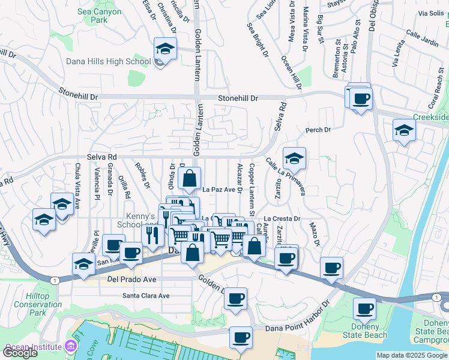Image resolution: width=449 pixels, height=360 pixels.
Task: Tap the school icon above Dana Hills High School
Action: pyautogui.click(x=165, y=48)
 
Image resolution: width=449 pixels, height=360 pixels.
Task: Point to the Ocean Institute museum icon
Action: pyautogui.click(x=71, y=347)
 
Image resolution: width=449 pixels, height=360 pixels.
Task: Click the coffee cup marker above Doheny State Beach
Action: pyautogui.click(x=364, y=308)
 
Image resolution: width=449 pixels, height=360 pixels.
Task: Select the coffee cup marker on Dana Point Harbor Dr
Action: pyautogui.click(x=241, y=337)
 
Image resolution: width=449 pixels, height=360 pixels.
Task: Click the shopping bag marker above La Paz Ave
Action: pyautogui.click(x=190, y=178)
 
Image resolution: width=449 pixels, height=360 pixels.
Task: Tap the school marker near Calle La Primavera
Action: pyautogui.click(x=294, y=158)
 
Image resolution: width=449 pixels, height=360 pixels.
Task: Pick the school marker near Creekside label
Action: pyautogui.click(x=404, y=130)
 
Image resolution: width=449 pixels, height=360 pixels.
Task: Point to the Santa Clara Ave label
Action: pyautogui.click(x=146, y=295)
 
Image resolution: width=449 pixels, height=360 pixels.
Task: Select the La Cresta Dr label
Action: pyautogui.click(x=282, y=219)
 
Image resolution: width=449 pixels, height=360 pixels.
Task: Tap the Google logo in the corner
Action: pyautogui.click(x=20, y=353)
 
